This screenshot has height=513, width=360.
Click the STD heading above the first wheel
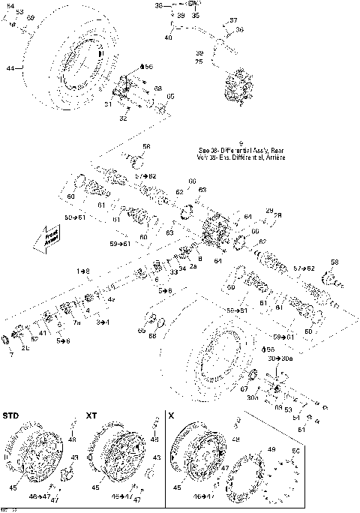point(11,415)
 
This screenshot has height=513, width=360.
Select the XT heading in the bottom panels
point(91,415)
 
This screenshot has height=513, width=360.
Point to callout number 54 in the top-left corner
point(10,6)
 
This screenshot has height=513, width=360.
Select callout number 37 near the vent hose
point(232,20)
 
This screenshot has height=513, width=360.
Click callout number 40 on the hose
point(168,37)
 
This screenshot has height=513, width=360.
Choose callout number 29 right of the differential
point(268,211)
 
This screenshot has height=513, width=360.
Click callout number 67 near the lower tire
point(244,388)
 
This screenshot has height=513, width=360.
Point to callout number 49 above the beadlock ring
point(271,449)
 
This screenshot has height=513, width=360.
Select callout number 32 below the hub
point(122,118)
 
